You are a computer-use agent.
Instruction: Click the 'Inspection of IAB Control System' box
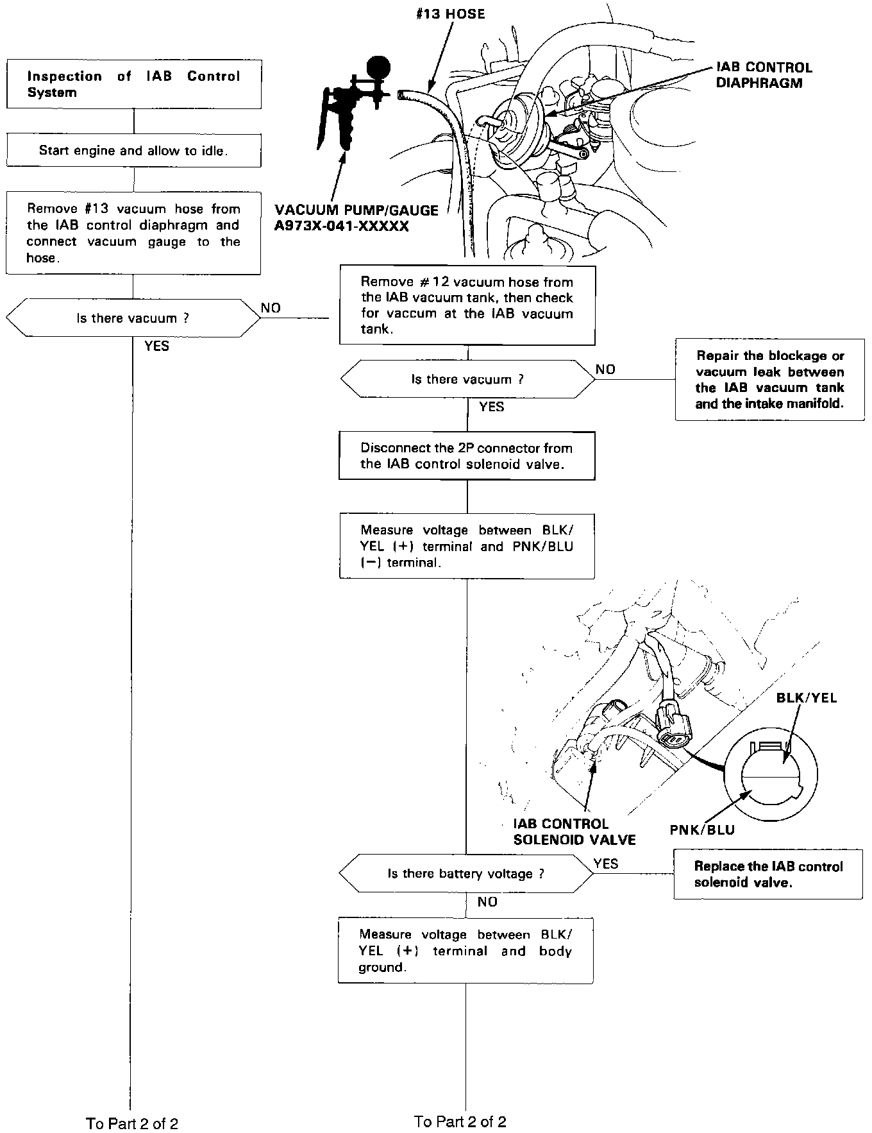point(133,84)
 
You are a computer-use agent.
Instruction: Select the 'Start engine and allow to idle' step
point(133,151)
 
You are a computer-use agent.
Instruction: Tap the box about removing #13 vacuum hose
point(133,233)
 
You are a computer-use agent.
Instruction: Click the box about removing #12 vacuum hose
point(467,305)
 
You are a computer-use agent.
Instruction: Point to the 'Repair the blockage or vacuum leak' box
point(769,380)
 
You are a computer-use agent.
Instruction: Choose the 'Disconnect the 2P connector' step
point(467,456)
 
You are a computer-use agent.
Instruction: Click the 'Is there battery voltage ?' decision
point(466,874)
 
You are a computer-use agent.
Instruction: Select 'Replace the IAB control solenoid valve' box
point(768,874)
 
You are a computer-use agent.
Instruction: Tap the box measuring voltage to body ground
point(465,951)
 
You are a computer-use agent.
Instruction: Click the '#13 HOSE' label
point(451,14)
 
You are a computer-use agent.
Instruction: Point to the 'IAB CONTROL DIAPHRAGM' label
point(764,75)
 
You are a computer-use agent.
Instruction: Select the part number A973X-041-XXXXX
point(341,226)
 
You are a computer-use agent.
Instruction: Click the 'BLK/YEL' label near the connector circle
point(807,698)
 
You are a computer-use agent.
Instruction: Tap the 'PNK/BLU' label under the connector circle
point(702,830)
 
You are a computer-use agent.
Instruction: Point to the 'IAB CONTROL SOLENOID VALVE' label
point(574,831)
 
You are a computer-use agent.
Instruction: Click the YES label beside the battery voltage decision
point(606,864)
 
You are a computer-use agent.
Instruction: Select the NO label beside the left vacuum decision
point(271,308)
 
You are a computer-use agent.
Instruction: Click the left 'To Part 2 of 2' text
point(132,1123)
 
